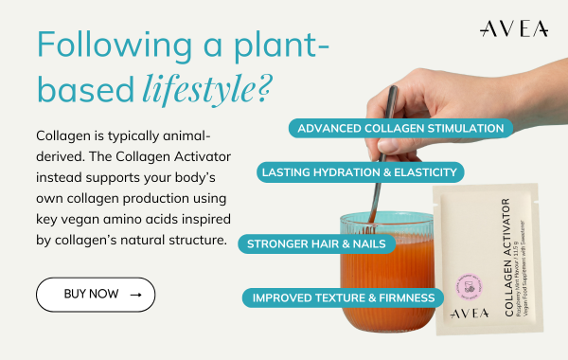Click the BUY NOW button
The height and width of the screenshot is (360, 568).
pyautogui.click(x=95, y=295)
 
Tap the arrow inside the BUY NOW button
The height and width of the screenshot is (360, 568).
pyautogui.click(x=135, y=295)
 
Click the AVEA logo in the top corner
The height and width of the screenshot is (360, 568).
pyautogui.click(x=513, y=29)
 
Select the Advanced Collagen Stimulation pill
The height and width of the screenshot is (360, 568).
pyautogui.click(x=399, y=128)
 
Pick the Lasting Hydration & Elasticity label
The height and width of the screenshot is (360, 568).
pyautogui.click(x=360, y=171)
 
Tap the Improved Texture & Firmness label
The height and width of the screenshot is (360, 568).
pyautogui.click(x=343, y=297)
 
